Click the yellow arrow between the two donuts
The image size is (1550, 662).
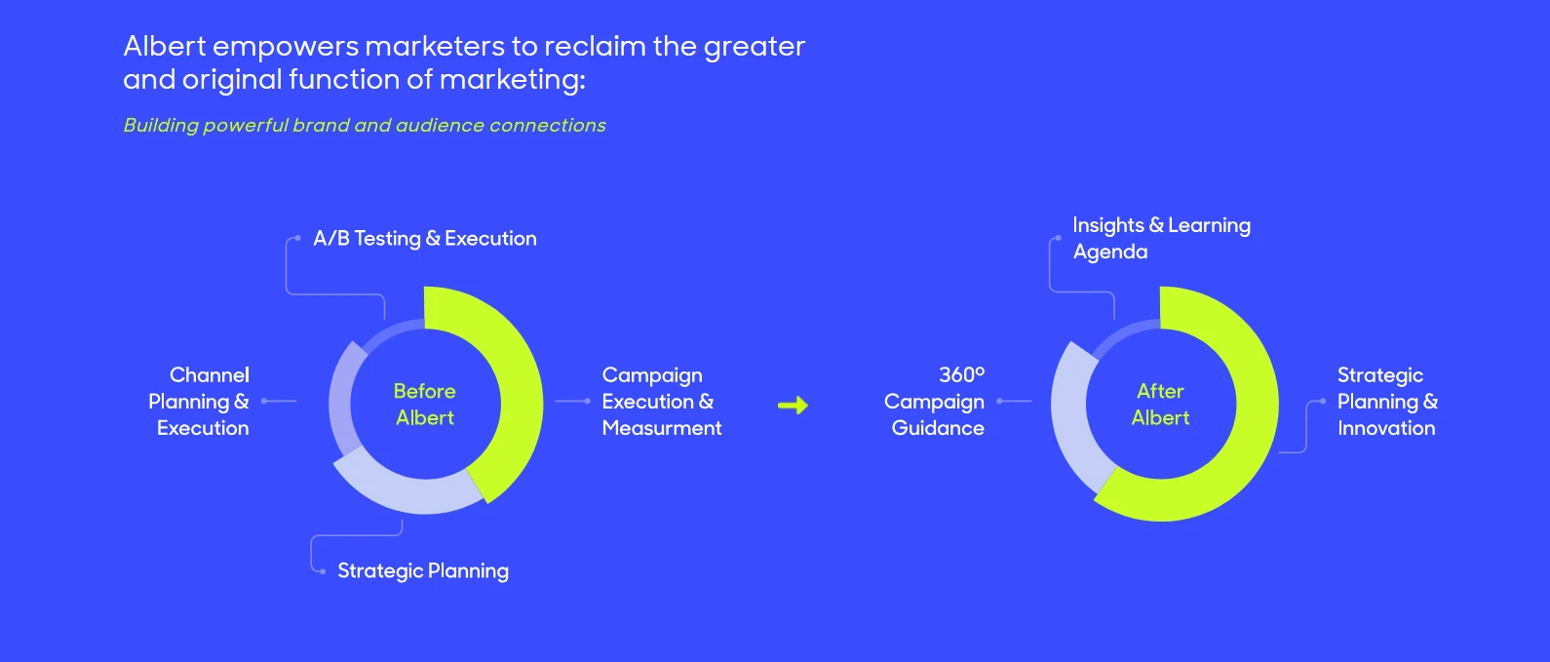tap(793, 405)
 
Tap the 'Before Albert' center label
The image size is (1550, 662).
tap(424, 404)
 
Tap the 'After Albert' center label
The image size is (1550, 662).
tap(1160, 404)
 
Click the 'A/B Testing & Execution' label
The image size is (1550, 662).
tap(424, 239)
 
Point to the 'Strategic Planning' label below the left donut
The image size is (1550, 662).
tap(422, 571)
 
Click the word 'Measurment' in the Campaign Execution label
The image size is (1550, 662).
tap(662, 428)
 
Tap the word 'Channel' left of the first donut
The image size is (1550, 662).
tap(209, 375)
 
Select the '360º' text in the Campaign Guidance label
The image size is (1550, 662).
tap(961, 375)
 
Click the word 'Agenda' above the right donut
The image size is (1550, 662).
tap(1110, 253)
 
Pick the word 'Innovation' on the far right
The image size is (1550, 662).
tap(1385, 428)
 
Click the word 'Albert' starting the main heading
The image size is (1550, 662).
tap(165, 47)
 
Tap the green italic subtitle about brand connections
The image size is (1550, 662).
tap(364, 126)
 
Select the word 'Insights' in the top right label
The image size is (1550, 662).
tap(1107, 225)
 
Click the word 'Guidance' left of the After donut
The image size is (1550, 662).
tap(937, 428)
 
